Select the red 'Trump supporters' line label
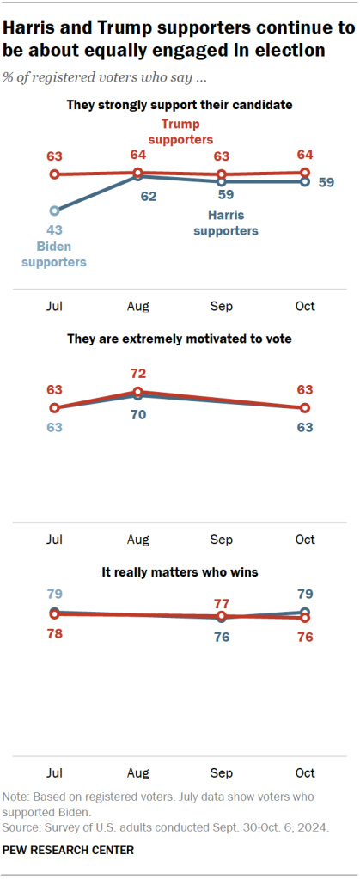pyautogui.click(x=180, y=131)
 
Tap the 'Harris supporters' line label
pyautogui.click(x=226, y=223)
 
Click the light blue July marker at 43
pyautogui.click(x=55, y=210)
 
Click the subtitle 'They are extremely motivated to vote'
pyautogui.click(x=180, y=339)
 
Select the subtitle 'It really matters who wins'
pyautogui.click(x=180, y=571)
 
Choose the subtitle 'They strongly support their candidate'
pyautogui.click(x=180, y=105)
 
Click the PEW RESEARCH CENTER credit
pyautogui.click(x=69, y=850)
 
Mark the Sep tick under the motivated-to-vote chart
pyautogui.click(x=222, y=539)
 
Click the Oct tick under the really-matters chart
pyautogui.click(x=305, y=772)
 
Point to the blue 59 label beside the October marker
pyautogui.click(x=326, y=182)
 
